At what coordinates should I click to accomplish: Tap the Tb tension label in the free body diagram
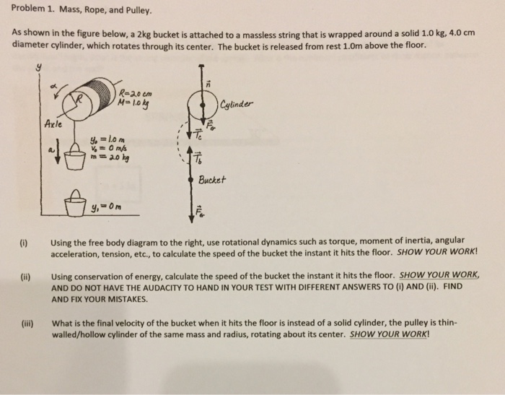tap(200, 162)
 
